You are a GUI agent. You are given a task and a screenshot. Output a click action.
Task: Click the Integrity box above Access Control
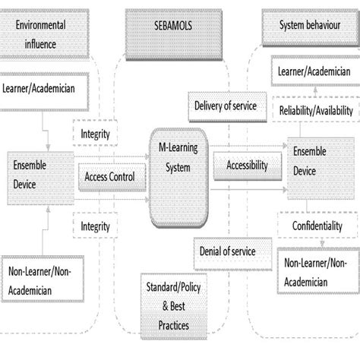click(96, 134)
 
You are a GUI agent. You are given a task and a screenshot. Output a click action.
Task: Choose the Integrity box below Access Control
click(96, 226)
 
